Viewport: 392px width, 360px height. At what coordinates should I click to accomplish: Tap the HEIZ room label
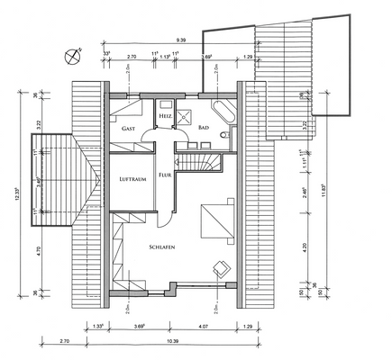point(165,117)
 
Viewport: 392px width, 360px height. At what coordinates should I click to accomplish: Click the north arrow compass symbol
point(71,59)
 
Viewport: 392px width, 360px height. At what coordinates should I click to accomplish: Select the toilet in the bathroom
point(232,136)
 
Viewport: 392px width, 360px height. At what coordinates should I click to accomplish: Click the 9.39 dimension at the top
point(180,40)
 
